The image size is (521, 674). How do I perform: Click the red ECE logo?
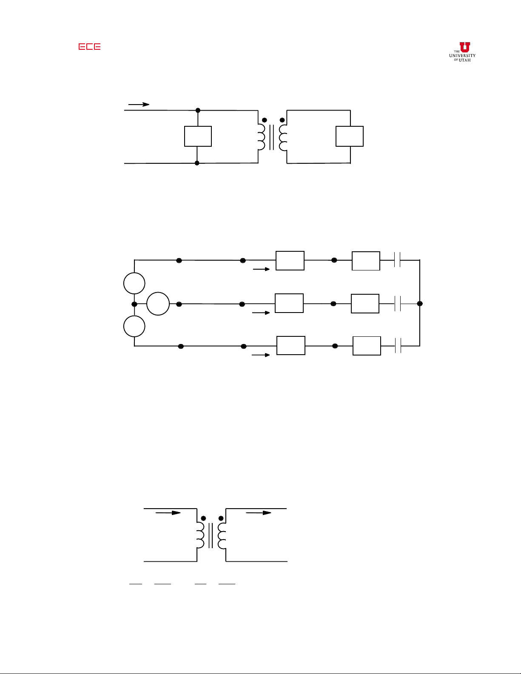point(89,46)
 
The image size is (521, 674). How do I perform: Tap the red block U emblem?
point(464,47)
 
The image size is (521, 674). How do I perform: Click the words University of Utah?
point(462,58)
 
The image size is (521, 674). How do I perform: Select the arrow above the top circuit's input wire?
point(139,105)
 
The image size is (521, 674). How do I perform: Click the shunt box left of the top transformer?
point(198,136)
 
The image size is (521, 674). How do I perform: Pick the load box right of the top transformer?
point(350,136)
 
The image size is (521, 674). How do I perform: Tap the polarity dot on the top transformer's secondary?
point(282,120)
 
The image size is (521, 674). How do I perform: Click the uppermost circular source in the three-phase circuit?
point(134,283)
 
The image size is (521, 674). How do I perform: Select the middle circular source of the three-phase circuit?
point(158,304)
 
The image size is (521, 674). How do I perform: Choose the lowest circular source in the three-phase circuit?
point(134,326)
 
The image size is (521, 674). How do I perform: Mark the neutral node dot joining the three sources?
point(134,304)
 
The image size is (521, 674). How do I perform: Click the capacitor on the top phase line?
point(397,260)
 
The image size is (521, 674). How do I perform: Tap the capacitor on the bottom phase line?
point(398,346)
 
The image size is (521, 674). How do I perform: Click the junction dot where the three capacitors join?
point(420,304)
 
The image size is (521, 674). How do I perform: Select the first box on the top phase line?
point(290,261)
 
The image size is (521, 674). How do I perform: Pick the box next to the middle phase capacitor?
point(365,304)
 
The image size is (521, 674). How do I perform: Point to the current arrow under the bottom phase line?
point(261,355)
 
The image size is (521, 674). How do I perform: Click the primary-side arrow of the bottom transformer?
point(168,513)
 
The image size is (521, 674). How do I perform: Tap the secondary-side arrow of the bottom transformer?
point(259,513)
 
